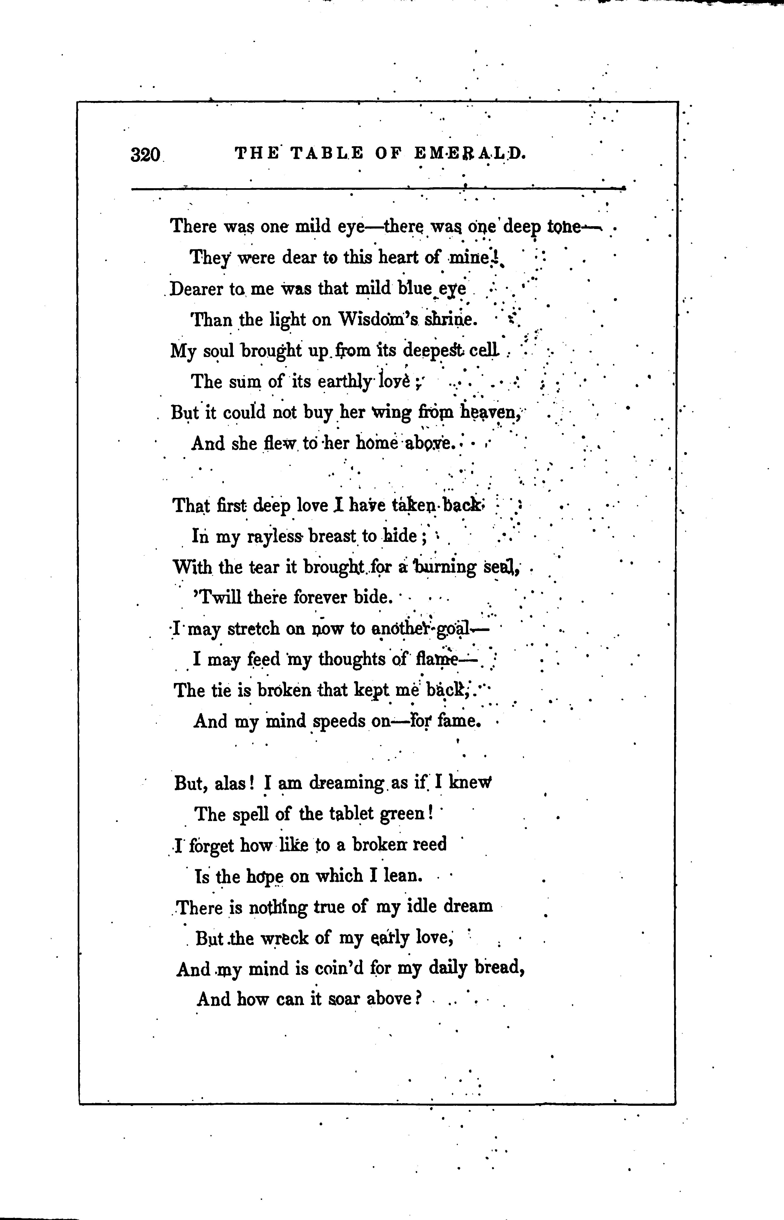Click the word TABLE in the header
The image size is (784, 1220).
coord(327,154)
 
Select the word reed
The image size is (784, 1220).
coord(429,845)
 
